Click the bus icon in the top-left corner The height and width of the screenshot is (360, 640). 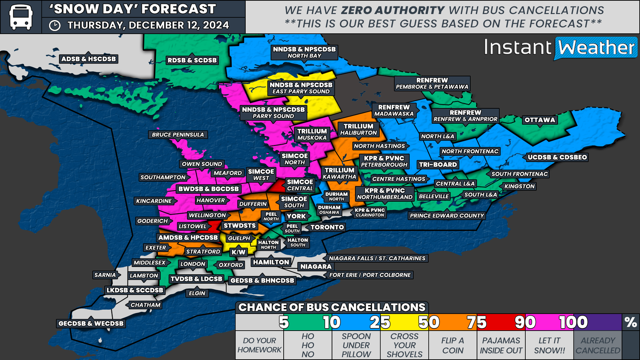pos(20,17)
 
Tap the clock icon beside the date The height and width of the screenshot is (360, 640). pos(55,26)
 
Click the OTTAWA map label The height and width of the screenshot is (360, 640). pos(540,120)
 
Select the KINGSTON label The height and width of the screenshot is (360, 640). pos(519,186)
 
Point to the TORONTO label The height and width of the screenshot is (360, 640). pos(327,227)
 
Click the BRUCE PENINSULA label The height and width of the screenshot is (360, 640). pos(178,135)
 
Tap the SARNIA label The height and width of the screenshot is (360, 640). pos(105,275)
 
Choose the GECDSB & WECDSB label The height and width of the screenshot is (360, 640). pos(91,324)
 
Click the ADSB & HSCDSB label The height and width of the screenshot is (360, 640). pos(88,59)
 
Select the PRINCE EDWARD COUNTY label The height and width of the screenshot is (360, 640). pos(447,216)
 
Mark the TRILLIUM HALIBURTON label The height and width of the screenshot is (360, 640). pos(358,129)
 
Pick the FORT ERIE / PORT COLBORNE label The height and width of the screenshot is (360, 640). pos(370,275)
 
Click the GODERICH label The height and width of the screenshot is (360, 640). pos(152,221)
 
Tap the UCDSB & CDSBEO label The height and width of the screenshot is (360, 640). pos(557,157)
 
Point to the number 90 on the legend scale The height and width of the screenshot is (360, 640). pos(525,322)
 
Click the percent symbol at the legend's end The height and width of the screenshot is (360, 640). pos(630,322)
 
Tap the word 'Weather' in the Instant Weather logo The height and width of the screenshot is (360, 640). pos(596,48)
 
